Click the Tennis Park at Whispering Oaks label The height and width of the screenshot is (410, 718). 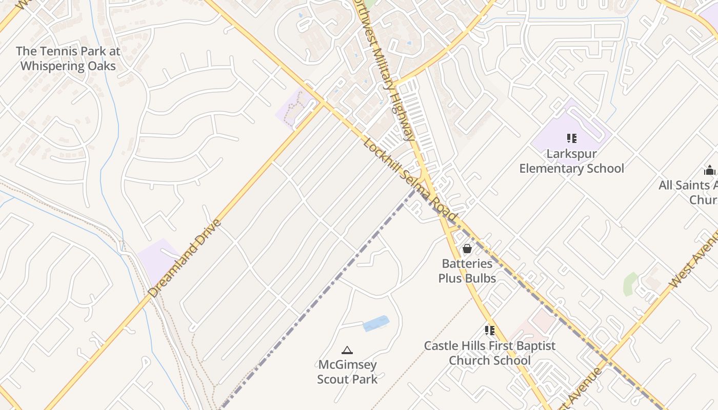(68, 58)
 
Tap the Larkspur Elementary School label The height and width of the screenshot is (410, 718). (571, 161)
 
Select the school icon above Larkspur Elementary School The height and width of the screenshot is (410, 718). (571, 138)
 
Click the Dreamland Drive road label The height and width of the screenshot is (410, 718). (185, 258)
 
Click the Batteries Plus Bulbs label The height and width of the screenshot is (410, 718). (467, 271)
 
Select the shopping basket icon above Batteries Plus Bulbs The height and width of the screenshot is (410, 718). (467, 249)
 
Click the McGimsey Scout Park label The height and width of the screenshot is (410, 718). (347, 372)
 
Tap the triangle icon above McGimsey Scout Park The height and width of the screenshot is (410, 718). (347, 351)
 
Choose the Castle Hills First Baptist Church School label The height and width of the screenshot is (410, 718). (489, 353)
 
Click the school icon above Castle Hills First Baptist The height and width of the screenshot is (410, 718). (490, 331)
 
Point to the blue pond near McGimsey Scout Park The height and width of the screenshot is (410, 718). (376, 324)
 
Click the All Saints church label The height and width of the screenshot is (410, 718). (690, 192)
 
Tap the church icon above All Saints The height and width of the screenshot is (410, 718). (710, 170)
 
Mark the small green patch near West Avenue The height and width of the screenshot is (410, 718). (630, 284)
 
